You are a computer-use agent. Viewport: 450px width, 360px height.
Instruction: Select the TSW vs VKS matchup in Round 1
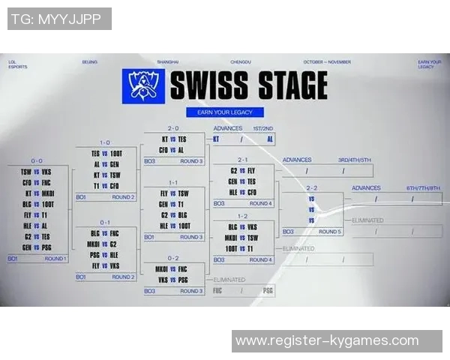36,172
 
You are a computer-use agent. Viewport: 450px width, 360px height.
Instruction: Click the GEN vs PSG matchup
36,247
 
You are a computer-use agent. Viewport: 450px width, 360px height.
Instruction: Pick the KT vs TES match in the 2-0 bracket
173,139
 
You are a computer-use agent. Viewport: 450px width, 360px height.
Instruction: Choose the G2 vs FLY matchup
243,170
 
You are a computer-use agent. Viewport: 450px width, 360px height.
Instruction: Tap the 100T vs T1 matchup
243,247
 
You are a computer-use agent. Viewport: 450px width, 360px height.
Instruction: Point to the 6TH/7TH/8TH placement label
421,188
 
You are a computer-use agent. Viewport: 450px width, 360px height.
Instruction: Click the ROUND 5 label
328,232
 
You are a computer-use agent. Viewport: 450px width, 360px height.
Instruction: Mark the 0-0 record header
36,160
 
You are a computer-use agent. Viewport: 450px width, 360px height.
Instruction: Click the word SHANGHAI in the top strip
168,61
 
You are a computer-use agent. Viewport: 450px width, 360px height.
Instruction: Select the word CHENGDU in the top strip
239,61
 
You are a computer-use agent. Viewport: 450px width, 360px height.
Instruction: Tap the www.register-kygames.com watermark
326,341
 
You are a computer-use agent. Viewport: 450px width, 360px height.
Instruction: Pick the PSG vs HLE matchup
105,254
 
